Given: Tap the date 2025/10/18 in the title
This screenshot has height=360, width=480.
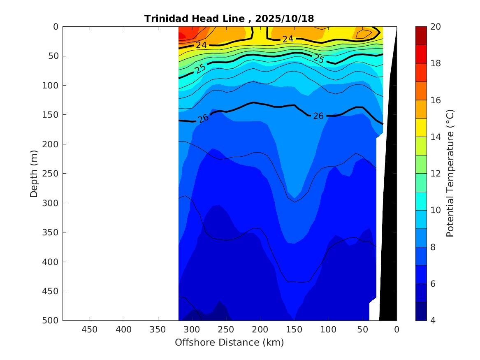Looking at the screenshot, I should (x=285, y=19).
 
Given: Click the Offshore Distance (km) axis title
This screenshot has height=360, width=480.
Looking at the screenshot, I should (x=229, y=342).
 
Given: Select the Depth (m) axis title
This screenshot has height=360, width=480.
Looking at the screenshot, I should (x=34, y=173).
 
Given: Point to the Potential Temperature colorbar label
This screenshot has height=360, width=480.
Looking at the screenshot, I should (x=450, y=173).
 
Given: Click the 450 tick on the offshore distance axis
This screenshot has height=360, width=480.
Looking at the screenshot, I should (x=90, y=330).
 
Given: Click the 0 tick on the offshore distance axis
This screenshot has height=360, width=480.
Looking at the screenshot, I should (x=397, y=330).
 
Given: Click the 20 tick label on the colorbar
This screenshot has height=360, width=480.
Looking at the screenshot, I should (x=436, y=27).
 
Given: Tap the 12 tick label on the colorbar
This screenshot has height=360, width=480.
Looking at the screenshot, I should (x=436, y=174).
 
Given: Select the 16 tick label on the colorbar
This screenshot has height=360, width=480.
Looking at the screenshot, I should (x=436, y=100).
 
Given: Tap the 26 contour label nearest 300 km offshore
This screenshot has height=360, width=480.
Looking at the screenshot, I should (x=203, y=118).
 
